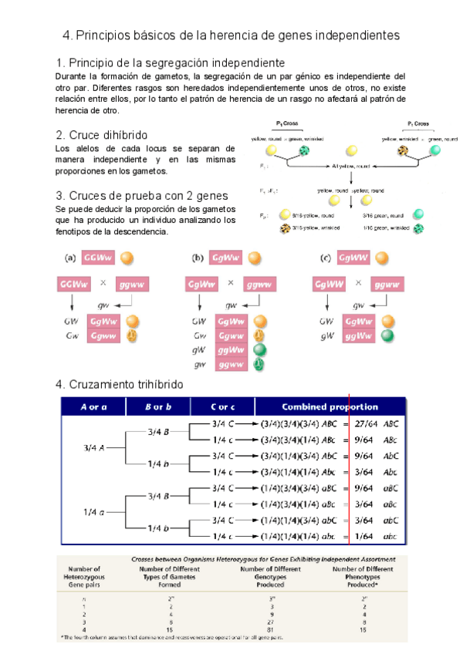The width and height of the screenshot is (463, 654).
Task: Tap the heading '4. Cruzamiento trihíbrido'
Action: [x=120, y=384]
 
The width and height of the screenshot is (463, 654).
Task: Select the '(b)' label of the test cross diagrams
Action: [x=197, y=258]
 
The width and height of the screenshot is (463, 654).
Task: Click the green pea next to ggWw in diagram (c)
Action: [x=390, y=336]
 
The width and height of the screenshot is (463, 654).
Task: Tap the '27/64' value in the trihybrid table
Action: [x=367, y=423]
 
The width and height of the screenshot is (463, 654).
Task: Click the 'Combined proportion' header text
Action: [x=330, y=406]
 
